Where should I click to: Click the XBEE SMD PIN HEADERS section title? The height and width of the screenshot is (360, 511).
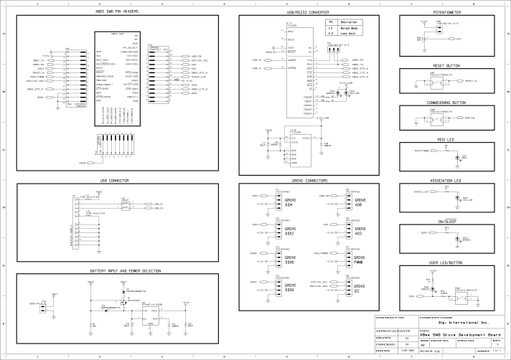click(x=117, y=12)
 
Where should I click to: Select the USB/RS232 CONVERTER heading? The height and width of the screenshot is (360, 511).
click(x=307, y=12)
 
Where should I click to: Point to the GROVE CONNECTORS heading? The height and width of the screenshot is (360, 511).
click(x=307, y=179)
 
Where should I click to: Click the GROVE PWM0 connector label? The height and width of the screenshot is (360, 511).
click(x=361, y=260)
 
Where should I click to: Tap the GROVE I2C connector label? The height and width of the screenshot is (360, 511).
click(x=361, y=290)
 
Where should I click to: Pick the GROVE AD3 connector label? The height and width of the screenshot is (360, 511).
click(x=361, y=231)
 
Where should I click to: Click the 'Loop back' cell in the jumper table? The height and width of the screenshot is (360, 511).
click(x=350, y=34)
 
